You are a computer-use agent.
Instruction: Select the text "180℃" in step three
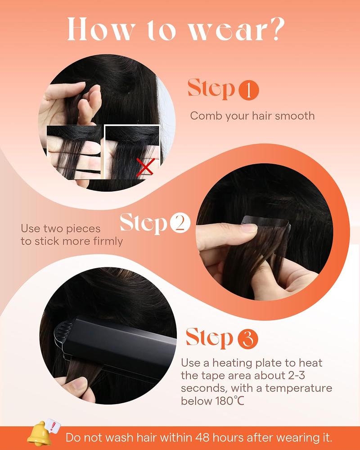[225, 400]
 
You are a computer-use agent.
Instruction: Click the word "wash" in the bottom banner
[124, 437]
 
